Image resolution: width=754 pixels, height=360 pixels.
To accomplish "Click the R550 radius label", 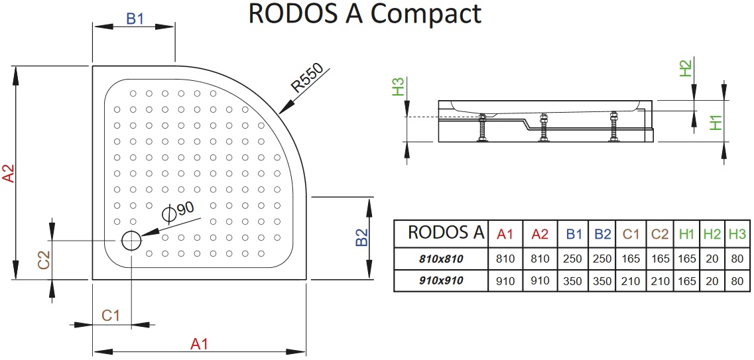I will click(306, 79).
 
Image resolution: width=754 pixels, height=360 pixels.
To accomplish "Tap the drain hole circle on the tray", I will click(131, 240).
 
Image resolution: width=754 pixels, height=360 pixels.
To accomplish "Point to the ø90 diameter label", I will click(178, 210).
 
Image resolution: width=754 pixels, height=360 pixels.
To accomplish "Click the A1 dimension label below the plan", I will click(200, 344).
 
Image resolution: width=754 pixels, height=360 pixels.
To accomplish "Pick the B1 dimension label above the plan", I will click(135, 19).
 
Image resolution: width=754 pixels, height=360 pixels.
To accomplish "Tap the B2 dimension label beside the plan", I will click(361, 238).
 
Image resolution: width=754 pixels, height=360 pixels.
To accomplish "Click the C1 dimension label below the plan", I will click(110, 316).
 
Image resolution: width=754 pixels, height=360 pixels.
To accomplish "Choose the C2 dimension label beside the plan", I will click(44, 259).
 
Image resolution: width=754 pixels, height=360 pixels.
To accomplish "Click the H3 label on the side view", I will click(398, 87).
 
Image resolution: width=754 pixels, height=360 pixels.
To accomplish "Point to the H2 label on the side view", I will click(686, 68).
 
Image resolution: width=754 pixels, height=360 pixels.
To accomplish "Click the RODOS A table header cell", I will click(441, 233).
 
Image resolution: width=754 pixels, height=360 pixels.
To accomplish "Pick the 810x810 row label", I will click(441, 259).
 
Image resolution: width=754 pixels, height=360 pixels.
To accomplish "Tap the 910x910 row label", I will click(441, 280).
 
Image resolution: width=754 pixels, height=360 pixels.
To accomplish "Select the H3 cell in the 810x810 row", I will click(737, 259).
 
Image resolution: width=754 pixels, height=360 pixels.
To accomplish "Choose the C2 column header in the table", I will click(659, 233).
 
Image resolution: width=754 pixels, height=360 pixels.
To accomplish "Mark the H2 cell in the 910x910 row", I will click(712, 280).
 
